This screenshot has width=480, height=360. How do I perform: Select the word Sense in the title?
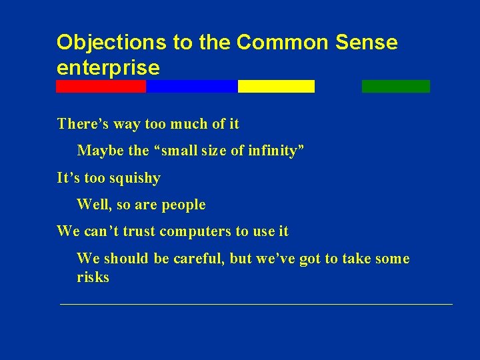coord(367,43)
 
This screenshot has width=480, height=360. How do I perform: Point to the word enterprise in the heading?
coord(108,67)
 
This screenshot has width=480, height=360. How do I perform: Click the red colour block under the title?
coord(101,86)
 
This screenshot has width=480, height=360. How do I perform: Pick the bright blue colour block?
coord(191,86)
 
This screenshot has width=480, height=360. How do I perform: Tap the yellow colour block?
coord(276,86)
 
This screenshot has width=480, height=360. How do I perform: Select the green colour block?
coord(396,86)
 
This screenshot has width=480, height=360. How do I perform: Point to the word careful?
coord(198,259)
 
